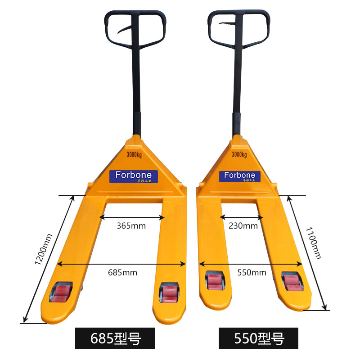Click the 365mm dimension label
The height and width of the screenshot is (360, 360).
pyautogui.click(x=131, y=226)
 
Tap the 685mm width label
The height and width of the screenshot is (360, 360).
pyautogui.click(x=123, y=272)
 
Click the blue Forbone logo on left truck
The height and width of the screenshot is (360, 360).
pyautogui.click(x=134, y=175)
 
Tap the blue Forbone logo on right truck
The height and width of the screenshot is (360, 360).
pyautogui.click(x=239, y=175)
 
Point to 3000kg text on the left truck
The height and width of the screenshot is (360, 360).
pyautogui.click(x=134, y=156)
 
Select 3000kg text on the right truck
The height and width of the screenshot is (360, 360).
pyautogui.click(x=239, y=155)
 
